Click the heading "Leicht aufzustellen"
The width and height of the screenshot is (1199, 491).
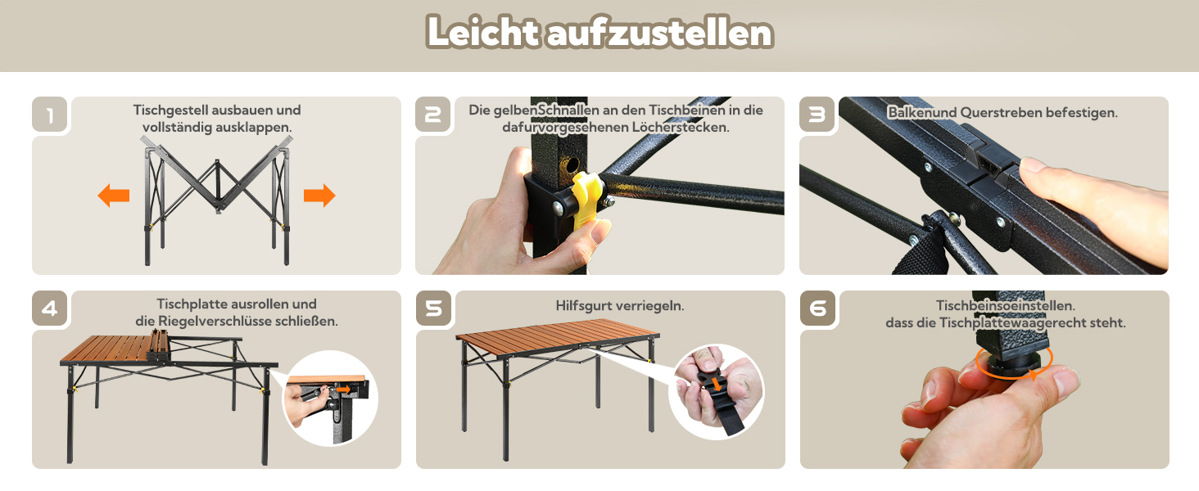pyautogui.click(x=599, y=33)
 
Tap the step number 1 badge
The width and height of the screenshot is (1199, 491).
pyautogui.click(x=50, y=115)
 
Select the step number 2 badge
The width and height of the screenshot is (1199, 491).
pyautogui.click(x=433, y=115)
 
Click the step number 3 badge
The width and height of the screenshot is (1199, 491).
pyautogui.click(x=817, y=115)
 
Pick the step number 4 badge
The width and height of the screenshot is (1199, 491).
pyautogui.click(x=50, y=309)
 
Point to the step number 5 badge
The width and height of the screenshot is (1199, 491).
pyautogui.click(x=433, y=309)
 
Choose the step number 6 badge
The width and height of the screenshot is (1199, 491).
pyautogui.click(x=818, y=309)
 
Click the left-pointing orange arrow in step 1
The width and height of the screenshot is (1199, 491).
pyautogui.click(x=114, y=196)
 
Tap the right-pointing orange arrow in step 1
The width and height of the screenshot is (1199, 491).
pyautogui.click(x=319, y=196)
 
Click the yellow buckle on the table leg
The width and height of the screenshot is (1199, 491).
pyautogui.click(x=586, y=200)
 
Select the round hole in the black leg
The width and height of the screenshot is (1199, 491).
pyautogui.click(x=572, y=164)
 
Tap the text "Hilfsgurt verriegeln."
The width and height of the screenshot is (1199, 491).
pyautogui.click(x=620, y=306)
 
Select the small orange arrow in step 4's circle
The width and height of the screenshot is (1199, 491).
pyautogui.click(x=344, y=389)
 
